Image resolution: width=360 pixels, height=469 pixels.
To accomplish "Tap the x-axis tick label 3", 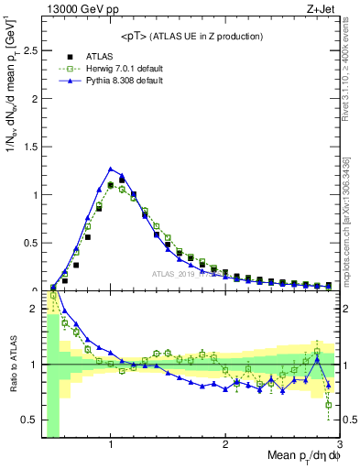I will pos(339,444).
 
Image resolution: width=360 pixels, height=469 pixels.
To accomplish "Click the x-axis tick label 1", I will pos(111,444).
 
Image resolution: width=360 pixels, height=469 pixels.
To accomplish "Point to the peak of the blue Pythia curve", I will pos(111,169).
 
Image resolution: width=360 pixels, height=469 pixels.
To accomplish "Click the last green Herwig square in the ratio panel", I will pos(328,404).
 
